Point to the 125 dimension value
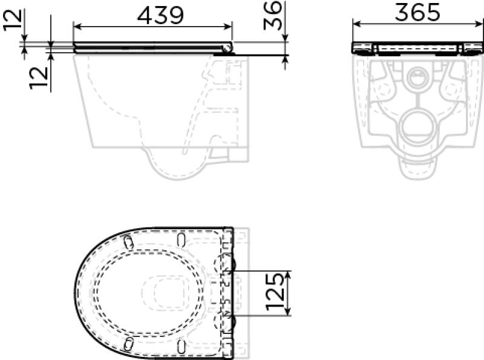276,293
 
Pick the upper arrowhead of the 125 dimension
288,273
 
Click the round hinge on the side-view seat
227,48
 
